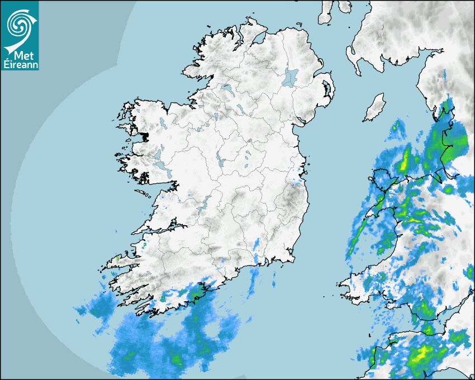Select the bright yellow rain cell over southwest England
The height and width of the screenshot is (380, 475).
click(423, 353)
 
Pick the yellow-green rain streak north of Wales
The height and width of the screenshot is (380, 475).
click(404, 161)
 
